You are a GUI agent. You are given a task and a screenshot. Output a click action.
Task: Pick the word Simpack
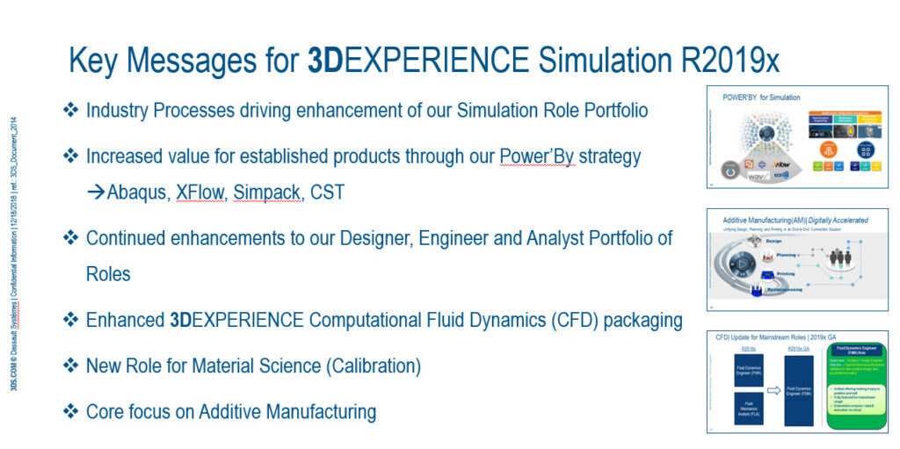point(263,192)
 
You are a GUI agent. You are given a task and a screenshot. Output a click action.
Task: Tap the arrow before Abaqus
point(96,192)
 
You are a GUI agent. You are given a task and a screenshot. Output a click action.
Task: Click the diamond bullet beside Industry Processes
point(70,111)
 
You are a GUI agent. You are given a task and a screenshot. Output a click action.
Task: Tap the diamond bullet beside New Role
point(70,365)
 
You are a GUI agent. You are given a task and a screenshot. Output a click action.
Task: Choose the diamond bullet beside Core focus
point(70,411)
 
